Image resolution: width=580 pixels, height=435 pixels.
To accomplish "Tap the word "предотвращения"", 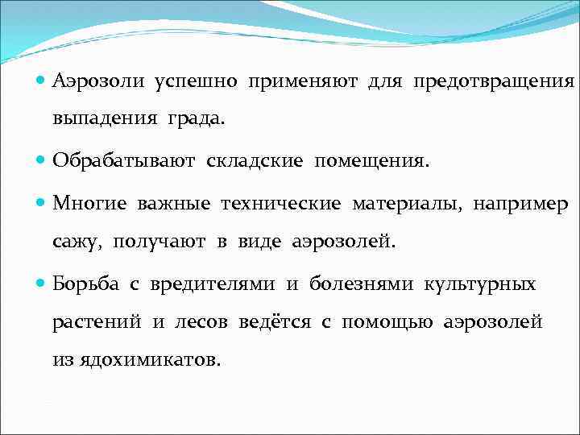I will [x=494, y=81].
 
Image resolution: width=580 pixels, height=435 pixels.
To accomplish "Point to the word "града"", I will [x=197, y=119].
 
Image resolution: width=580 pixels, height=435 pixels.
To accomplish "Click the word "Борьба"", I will [x=83, y=284].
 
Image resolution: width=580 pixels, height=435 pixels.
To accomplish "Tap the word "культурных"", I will [x=484, y=284].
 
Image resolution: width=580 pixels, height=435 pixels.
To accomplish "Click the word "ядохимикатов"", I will [x=147, y=360].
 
